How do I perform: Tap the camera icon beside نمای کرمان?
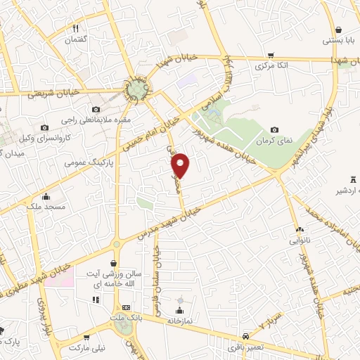[275, 129]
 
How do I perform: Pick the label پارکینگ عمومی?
[84, 162]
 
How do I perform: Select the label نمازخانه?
[180, 320]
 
